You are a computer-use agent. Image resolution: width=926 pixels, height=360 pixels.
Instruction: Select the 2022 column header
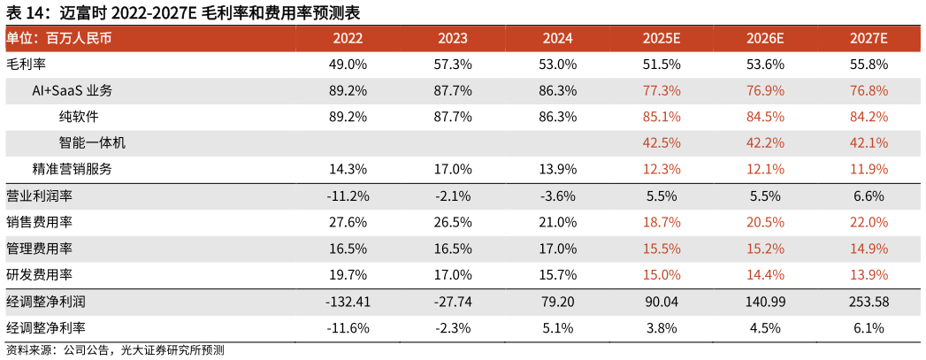[x=348, y=39]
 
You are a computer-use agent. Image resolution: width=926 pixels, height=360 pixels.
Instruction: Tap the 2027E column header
[x=868, y=39]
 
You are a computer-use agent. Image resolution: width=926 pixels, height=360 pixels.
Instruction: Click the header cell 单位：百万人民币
[x=58, y=39]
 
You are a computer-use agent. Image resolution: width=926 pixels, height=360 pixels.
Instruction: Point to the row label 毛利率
[x=26, y=65]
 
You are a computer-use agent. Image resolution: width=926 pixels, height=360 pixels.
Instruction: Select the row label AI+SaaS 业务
[x=72, y=91]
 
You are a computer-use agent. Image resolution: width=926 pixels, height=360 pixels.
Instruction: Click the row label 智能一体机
[x=92, y=143]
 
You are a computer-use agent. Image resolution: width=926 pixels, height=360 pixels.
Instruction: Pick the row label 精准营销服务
[x=72, y=170]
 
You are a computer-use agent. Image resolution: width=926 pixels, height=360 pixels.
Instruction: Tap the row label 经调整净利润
[x=45, y=302]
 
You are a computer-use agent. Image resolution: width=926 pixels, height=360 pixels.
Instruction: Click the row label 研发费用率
[x=39, y=275]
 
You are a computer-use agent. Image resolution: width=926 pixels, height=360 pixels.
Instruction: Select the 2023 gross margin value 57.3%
[x=453, y=65]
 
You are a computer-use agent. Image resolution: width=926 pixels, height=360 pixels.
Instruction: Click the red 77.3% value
[x=662, y=91]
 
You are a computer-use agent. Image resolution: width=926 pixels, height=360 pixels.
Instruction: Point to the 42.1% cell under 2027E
[x=868, y=143]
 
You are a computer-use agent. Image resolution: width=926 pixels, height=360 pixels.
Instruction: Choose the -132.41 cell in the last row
[x=348, y=302]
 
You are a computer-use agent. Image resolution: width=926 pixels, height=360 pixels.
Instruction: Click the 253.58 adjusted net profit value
[x=868, y=302]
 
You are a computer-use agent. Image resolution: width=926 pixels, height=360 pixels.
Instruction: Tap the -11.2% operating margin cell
[x=348, y=196]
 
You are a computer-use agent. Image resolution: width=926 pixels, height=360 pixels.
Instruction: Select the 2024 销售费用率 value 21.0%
[x=557, y=223]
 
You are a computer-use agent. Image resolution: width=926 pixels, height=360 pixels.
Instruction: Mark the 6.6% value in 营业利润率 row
[x=868, y=196]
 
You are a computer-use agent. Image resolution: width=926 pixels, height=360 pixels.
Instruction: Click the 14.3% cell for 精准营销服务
[x=348, y=170]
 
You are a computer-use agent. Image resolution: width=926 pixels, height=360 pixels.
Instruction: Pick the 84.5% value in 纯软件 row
[x=765, y=117]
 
